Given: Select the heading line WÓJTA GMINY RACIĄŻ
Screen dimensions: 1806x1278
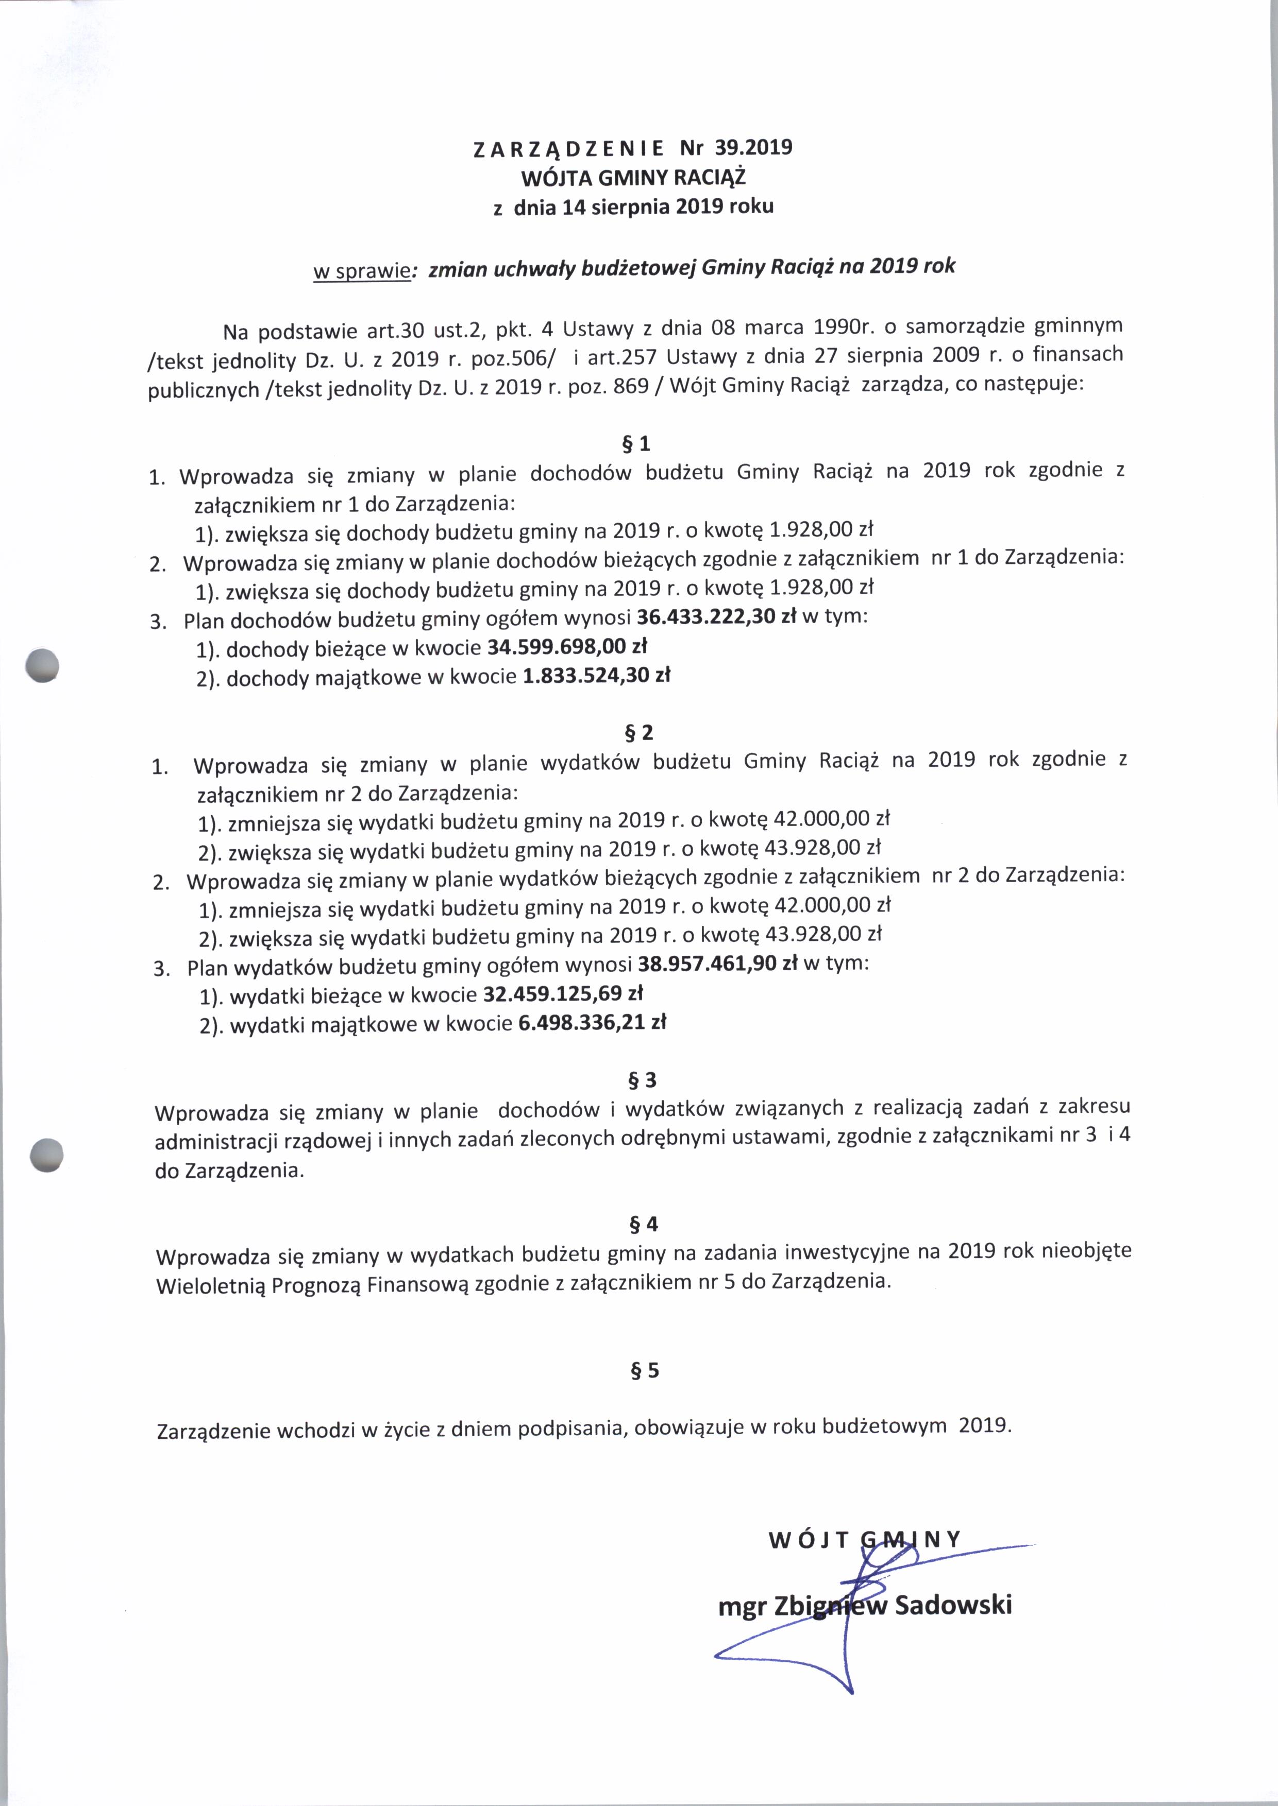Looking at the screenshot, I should tap(633, 177).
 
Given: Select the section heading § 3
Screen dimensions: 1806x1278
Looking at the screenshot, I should tap(642, 1080).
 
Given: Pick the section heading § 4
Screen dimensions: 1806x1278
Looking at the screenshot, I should tap(644, 1224).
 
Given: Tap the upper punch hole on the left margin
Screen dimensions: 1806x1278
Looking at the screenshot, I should tap(42, 665).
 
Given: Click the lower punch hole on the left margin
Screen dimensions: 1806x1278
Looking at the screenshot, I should tap(46, 1156).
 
